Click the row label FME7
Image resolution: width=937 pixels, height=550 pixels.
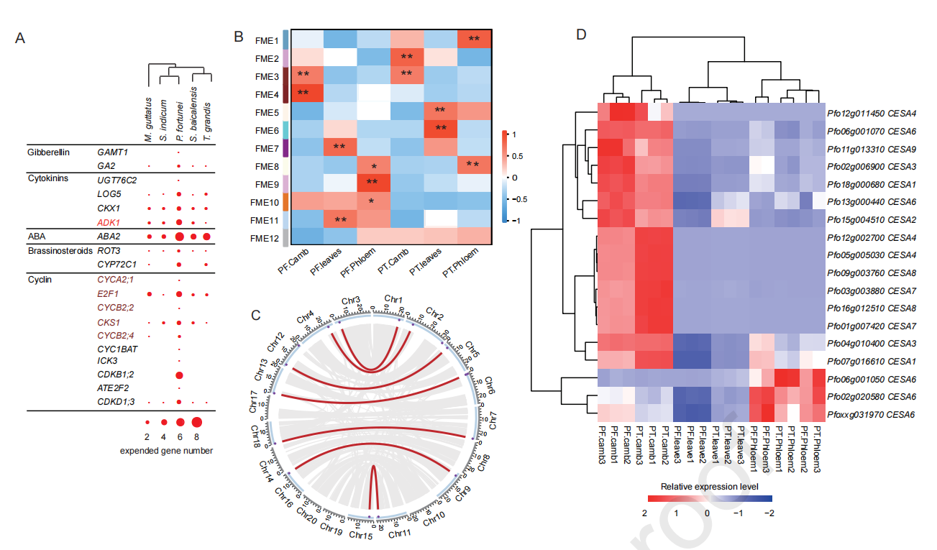tap(267, 148)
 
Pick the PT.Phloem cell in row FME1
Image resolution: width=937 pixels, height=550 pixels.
tap(474, 39)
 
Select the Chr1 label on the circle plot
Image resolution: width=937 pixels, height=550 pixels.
tap(393, 298)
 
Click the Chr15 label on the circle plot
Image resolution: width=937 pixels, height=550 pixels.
tap(361, 534)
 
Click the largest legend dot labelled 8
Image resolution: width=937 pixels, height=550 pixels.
tap(196, 423)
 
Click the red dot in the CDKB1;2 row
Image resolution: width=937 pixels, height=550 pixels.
tap(179, 375)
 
